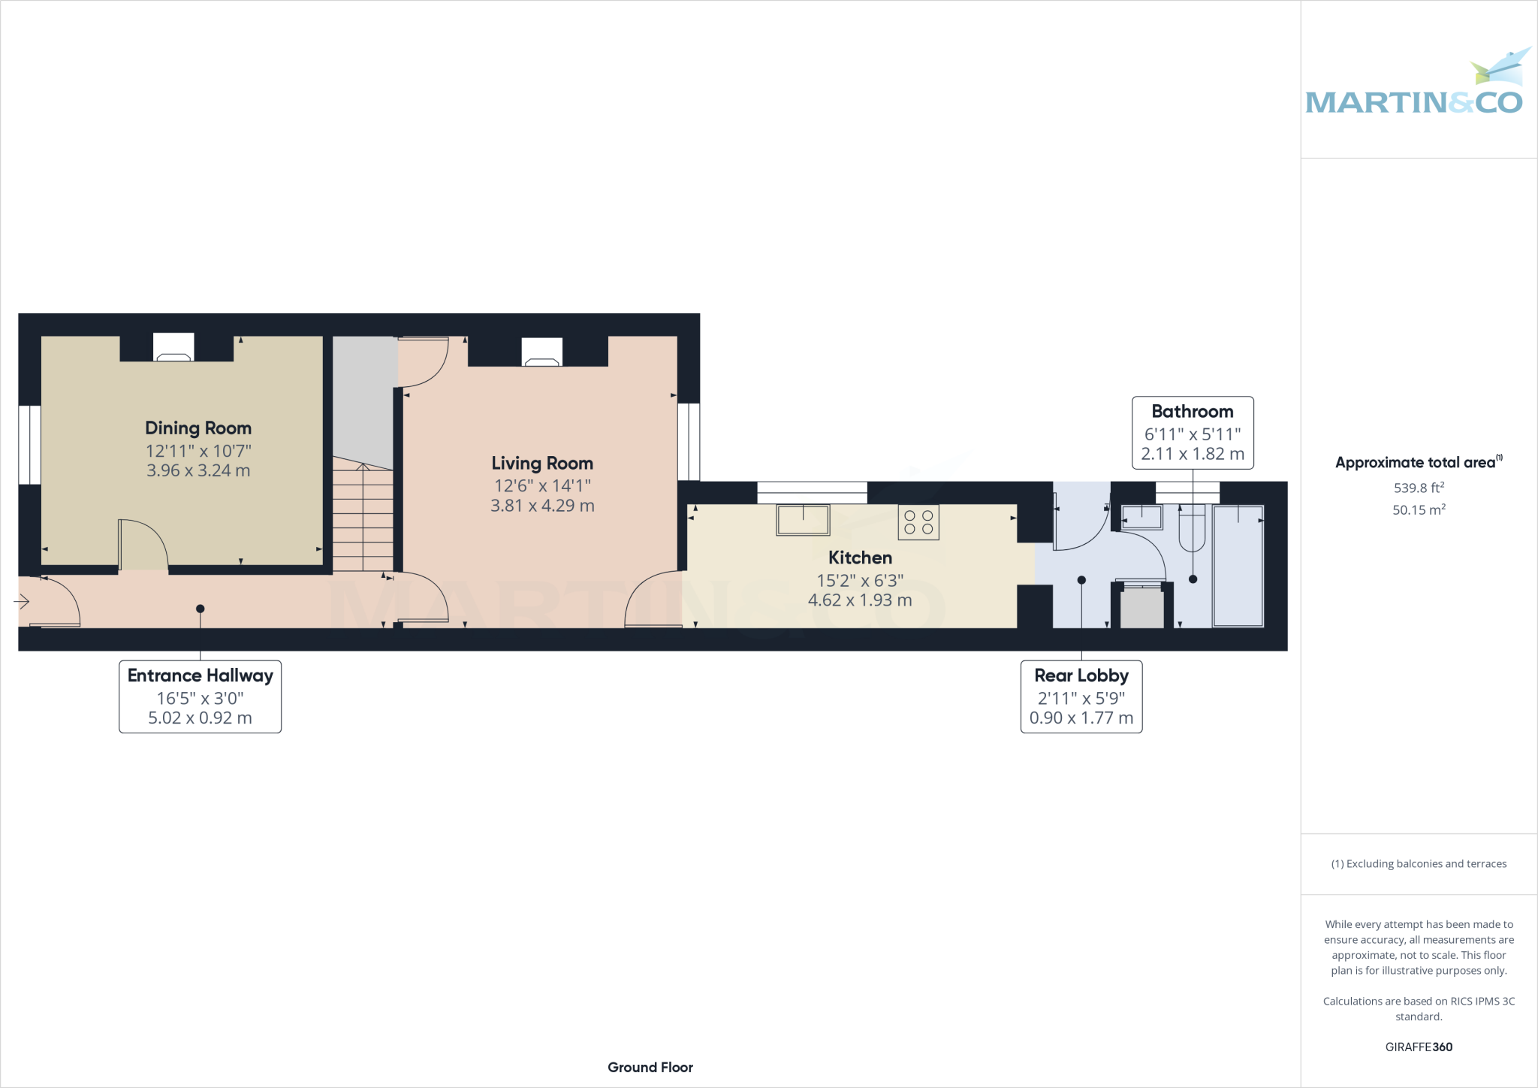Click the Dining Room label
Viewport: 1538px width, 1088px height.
pos(198,428)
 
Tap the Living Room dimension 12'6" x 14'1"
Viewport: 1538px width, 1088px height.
pos(542,486)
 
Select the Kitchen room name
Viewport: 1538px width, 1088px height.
pos(860,558)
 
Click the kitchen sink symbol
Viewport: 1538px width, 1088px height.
pos(803,520)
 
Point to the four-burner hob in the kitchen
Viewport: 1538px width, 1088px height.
pos(918,522)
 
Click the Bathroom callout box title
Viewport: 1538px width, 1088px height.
pos(1192,412)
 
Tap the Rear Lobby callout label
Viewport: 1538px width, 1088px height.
pos(1081,675)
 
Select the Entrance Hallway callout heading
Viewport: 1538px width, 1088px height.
pos(200,675)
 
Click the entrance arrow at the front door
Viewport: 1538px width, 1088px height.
pos(22,601)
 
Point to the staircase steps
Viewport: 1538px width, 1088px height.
pos(363,518)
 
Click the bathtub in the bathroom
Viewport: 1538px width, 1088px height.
pos(1238,566)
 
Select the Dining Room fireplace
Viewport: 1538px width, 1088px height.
pos(173,349)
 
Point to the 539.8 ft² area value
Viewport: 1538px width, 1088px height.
pos(1419,488)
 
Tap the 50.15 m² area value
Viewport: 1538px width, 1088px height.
pos(1419,509)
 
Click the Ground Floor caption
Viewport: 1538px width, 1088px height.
pos(650,1067)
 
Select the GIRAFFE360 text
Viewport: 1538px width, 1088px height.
pos(1419,1047)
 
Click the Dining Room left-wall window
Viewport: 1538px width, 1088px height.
pos(29,445)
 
